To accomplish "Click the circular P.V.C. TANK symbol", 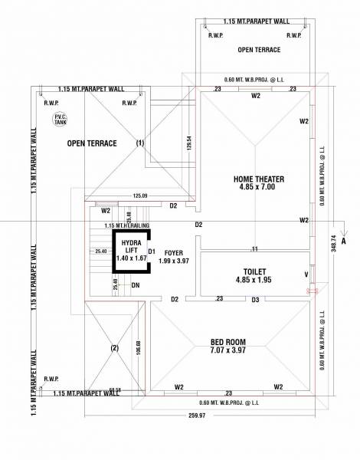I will coord(59,119).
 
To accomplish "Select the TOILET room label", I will coord(253,276).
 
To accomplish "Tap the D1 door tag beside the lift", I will coord(151,251).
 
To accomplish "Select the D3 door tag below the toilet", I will coord(255,299).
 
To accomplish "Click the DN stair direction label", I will coord(135,285).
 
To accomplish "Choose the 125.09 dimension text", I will coord(139,195).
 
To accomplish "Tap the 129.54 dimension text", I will coord(188,143).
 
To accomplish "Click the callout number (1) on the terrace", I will coord(140,143).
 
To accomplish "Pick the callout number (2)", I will coord(114,347).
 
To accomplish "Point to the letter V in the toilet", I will coord(306,274).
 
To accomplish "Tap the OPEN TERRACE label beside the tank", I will coord(91,143).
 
